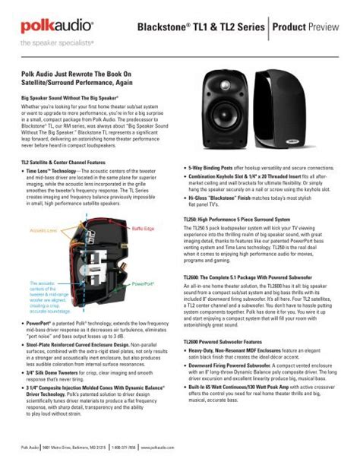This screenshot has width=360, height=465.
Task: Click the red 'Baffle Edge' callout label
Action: tap(142, 228)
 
